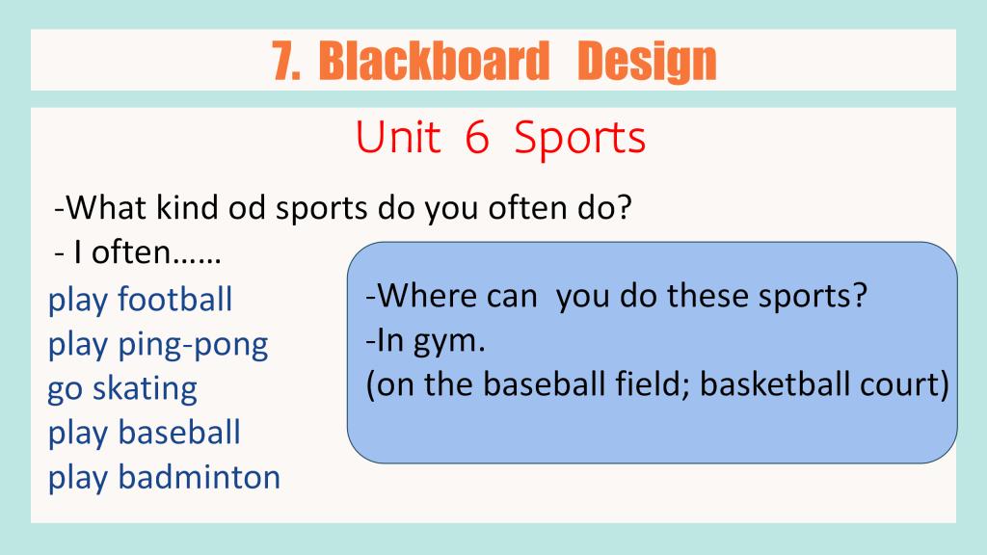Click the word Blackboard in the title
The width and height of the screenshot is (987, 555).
(x=434, y=61)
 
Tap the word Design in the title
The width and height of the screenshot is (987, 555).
(x=647, y=63)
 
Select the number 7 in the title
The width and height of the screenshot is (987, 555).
(x=285, y=61)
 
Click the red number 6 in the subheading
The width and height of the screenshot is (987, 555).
(x=476, y=137)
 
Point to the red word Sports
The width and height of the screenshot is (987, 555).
(x=579, y=140)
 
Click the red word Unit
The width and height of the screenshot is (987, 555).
(x=398, y=137)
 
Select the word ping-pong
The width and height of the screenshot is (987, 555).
(x=193, y=347)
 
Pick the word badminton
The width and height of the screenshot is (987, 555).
(x=199, y=477)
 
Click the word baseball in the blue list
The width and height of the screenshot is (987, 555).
(x=178, y=433)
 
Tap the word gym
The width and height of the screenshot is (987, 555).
(x=449, y=342)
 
